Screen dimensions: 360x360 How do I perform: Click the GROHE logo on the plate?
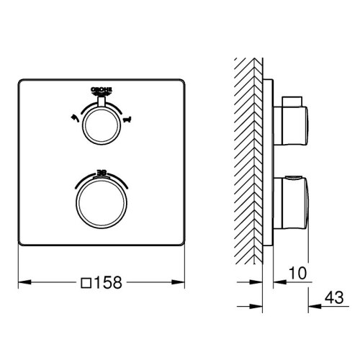pyautogui.click(x=100, y=90)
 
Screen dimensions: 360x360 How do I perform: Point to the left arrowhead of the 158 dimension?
pyautogui.click(x=21, y=281)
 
